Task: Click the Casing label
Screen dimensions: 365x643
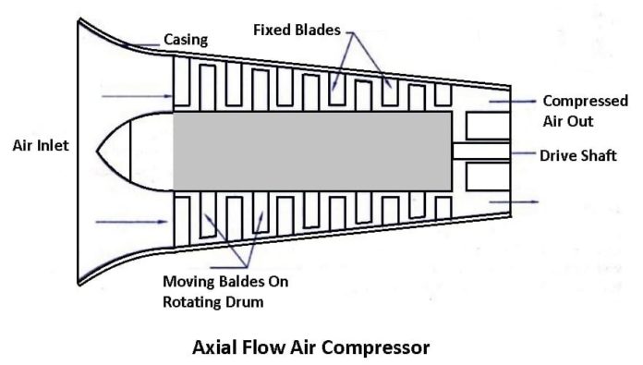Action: [x=185, y=39]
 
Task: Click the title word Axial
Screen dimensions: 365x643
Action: [x=214, y=348]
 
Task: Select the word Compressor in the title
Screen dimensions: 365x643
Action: [x=378, y=348]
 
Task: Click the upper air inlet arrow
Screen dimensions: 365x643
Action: [x=126, y=96]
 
